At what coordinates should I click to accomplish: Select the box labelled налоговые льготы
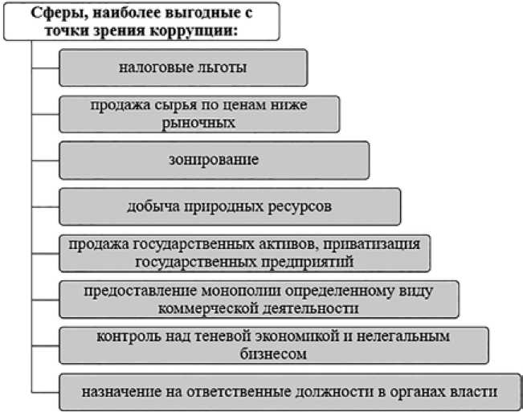pos(183,67)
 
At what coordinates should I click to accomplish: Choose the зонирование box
pos(215,160)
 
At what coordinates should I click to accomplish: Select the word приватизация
pos(386,243)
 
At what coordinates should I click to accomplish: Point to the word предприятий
pos(308,260)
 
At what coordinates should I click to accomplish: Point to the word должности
pos(317,391)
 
